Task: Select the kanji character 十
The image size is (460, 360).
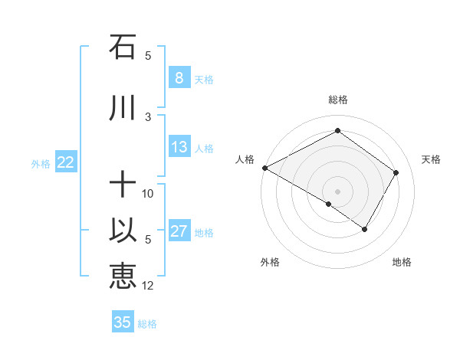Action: [123, 185]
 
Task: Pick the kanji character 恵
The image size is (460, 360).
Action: [123, 276]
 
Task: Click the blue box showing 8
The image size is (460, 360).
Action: [179, 78]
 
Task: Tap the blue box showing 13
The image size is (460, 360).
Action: [179, 148]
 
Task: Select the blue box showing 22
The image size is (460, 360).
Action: [66, 162]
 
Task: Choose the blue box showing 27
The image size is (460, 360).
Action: [179, 232]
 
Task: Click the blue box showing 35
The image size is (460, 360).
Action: [122, 322]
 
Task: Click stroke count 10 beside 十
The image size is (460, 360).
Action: [148, 194]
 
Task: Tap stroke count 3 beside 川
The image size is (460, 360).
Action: [148, 116]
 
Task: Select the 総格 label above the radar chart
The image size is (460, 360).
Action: [337, 100]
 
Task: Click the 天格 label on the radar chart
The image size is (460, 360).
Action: [431, 159]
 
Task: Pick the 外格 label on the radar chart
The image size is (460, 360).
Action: [269, 262]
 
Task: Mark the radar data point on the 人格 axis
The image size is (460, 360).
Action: [264, 168]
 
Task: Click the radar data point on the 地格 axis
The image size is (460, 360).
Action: [365, 229]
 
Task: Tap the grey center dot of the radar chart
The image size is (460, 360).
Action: [337, 191]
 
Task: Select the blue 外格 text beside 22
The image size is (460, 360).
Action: [40, 163]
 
